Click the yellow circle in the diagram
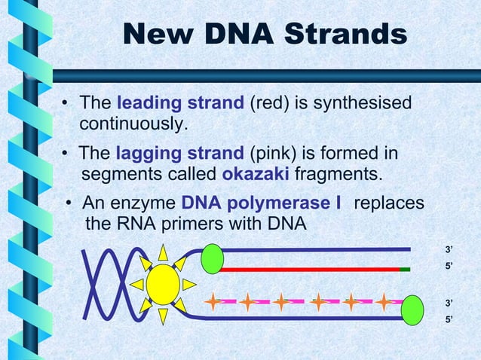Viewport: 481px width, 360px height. pos(163,284)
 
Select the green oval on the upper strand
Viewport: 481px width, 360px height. pos(213,258)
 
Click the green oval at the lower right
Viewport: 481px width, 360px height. pos(412,310)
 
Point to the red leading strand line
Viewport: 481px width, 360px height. pos(309,268)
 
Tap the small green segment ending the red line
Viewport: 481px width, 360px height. pos(405,268)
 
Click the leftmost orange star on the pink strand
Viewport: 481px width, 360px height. pos(215,303)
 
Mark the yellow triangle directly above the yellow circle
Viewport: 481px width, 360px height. pos(163,252)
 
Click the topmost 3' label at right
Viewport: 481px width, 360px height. pos(449,249)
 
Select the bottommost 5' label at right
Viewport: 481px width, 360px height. pos(449,320)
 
